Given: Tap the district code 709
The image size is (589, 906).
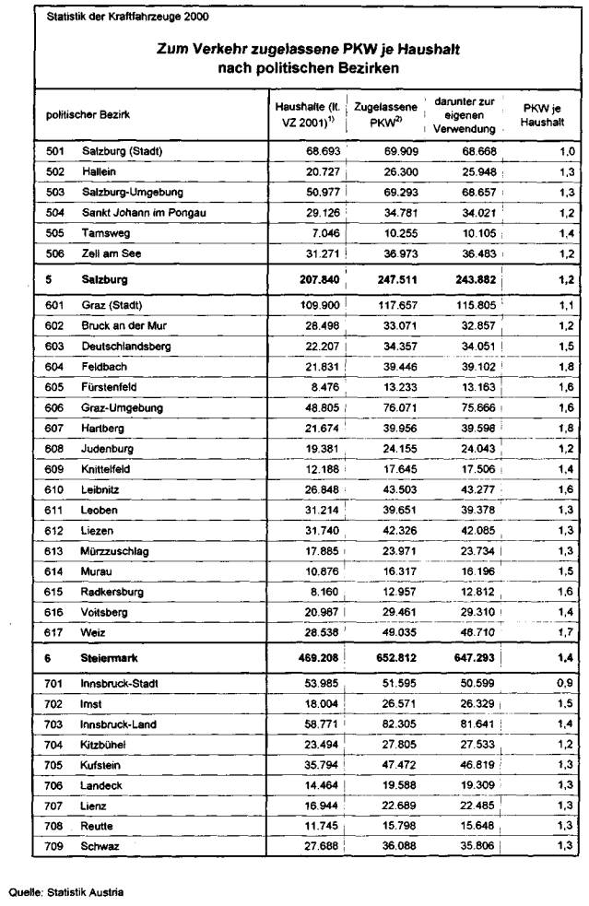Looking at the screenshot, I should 55,845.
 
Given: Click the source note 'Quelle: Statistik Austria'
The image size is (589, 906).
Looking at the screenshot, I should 65,892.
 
